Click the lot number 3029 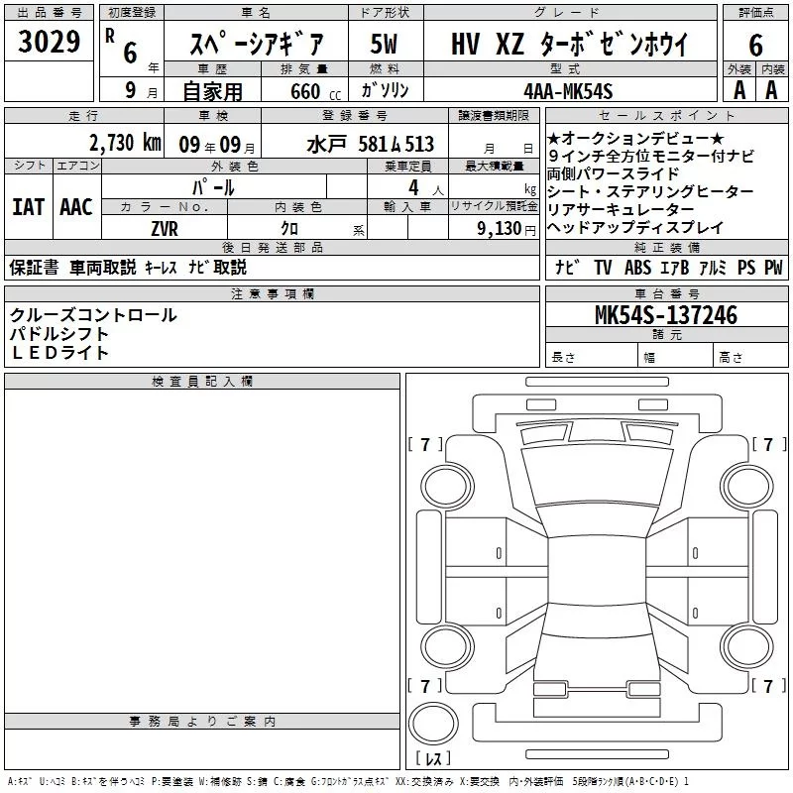click(49, 42)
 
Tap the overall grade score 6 click(755, 46)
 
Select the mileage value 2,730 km click(125, 143)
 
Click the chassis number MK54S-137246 click(666, 315)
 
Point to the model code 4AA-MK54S click(568, 91)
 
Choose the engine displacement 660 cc click(315, 92)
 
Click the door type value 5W click(384, 44)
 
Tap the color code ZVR click(165, 229)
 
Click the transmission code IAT click(29, 207)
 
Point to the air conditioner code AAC click(76, 207)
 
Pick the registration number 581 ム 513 click(396, 145)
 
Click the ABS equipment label click(637, 267)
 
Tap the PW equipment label click(773, 267)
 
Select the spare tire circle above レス click(433, 723)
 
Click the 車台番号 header click(667, 293)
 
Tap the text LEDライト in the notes click(59, 353)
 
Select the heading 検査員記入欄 click(202, 382)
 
